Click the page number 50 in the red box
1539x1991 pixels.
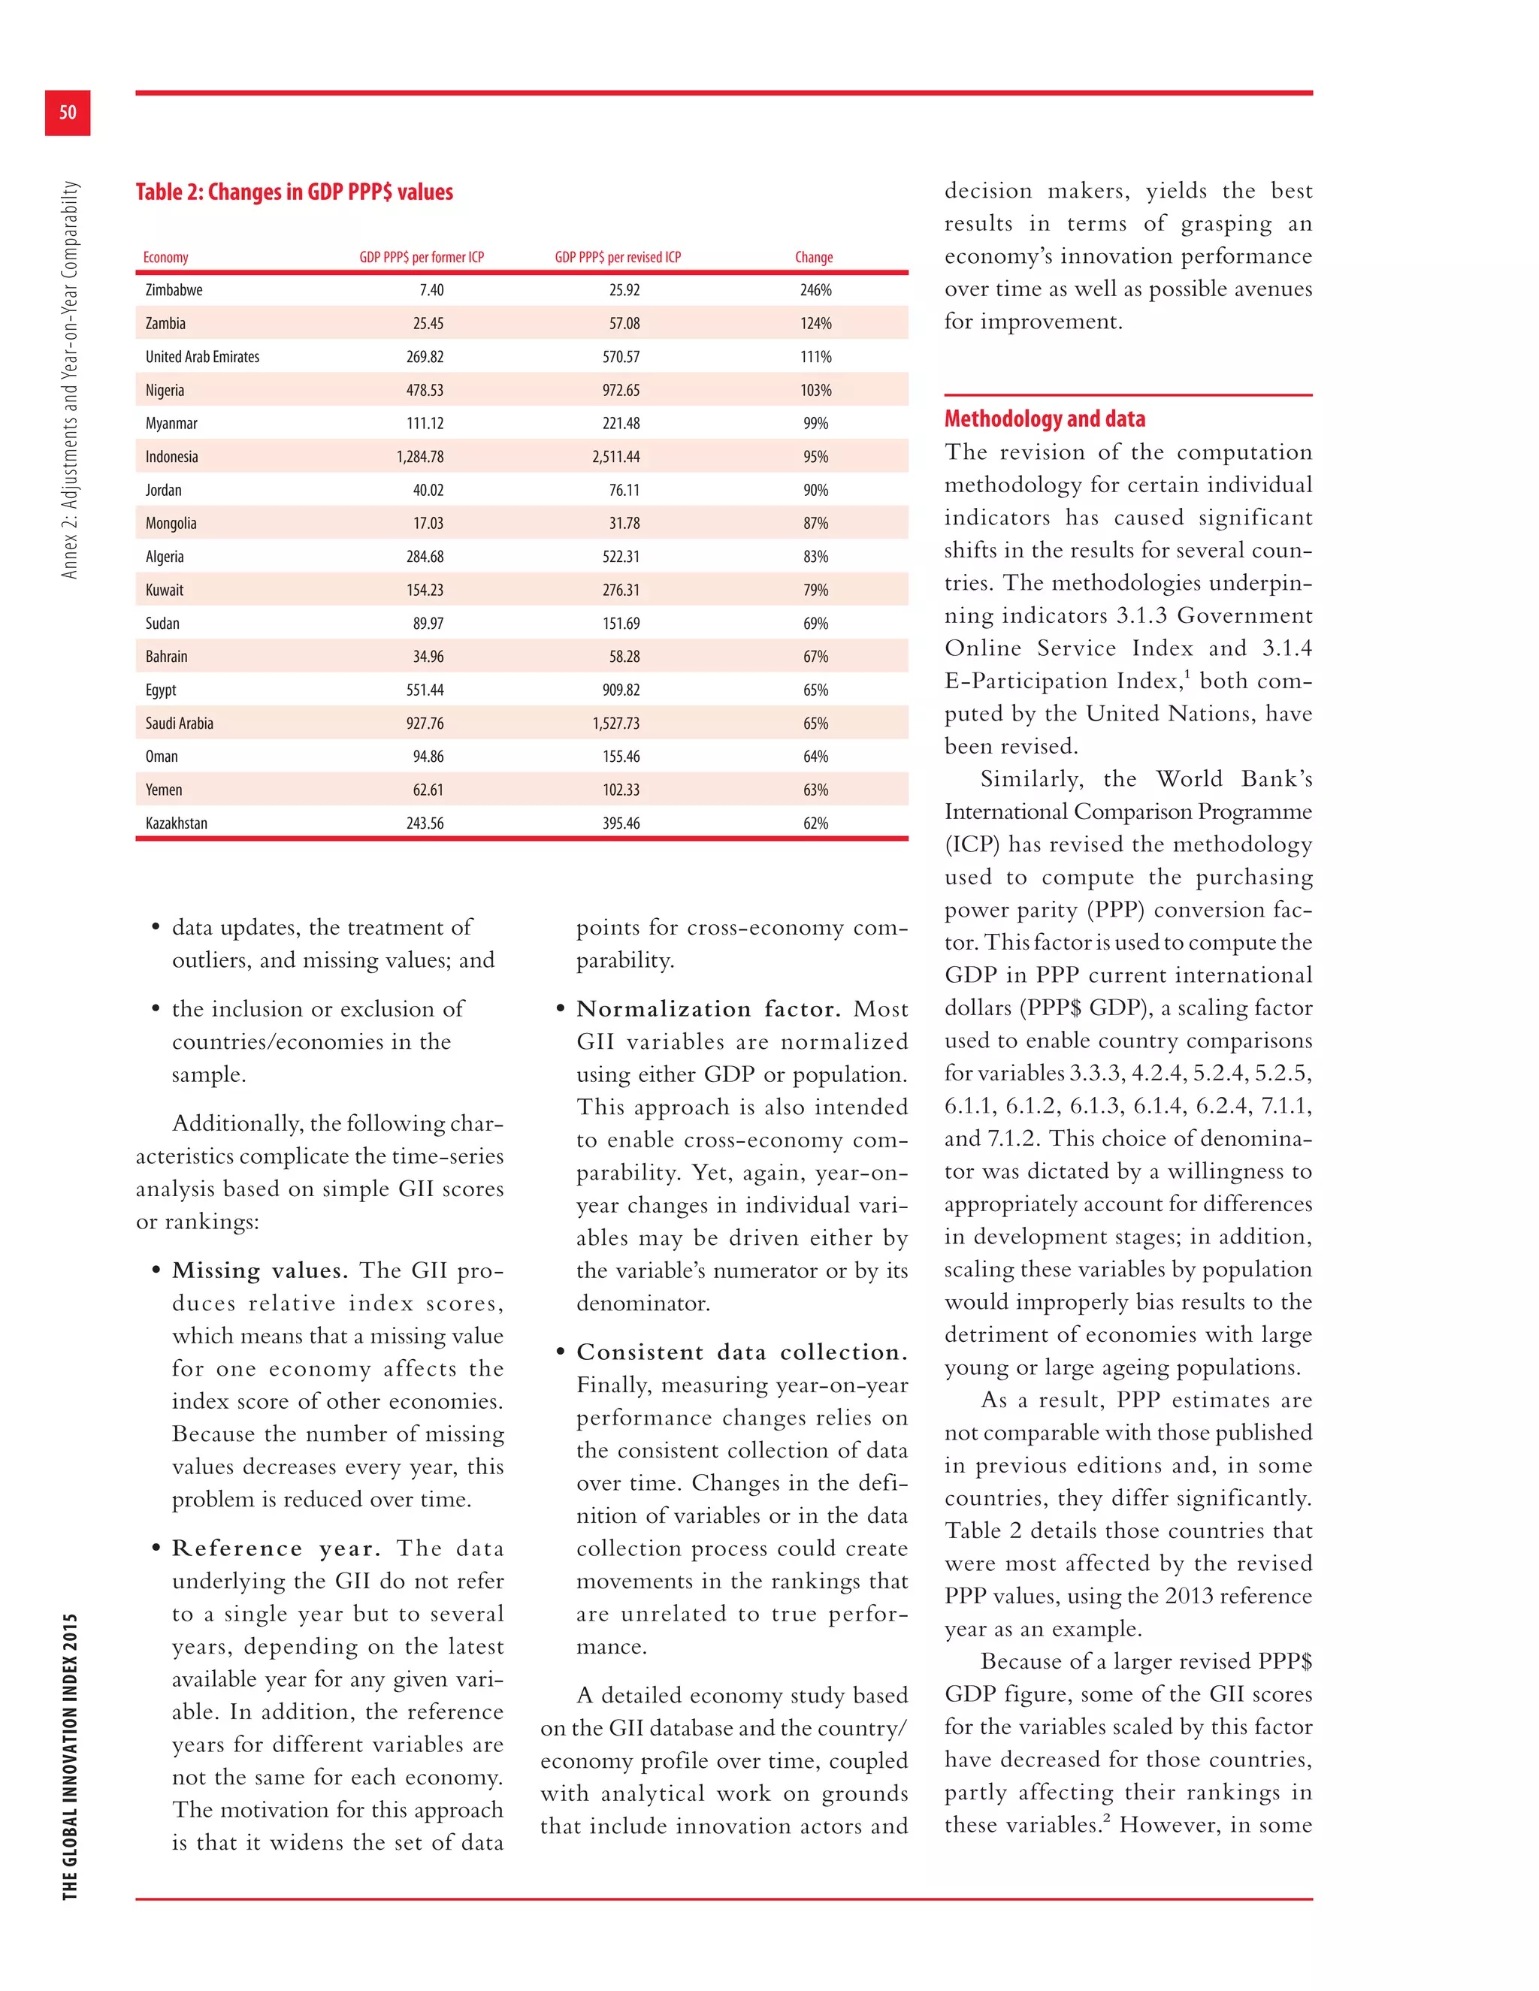coord(68,113)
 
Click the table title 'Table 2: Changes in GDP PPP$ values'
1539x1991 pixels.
coord(294,192)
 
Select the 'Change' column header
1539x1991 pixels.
coord(813,257)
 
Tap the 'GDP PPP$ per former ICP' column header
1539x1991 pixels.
coord(422,257)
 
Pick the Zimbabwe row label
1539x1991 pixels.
coord(174,290)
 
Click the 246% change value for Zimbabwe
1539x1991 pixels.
coord(815,290)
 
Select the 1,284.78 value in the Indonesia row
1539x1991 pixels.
coord(419,457)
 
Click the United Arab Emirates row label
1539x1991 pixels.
coord(202,356)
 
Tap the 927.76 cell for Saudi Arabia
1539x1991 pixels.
coord(425,723)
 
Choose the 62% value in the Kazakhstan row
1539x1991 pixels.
coord(815,823)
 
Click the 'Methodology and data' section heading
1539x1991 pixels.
coord(1044,418)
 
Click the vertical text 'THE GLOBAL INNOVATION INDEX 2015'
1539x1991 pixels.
coord(70,1756)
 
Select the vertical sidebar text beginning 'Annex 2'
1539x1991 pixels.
coord(70,379)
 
